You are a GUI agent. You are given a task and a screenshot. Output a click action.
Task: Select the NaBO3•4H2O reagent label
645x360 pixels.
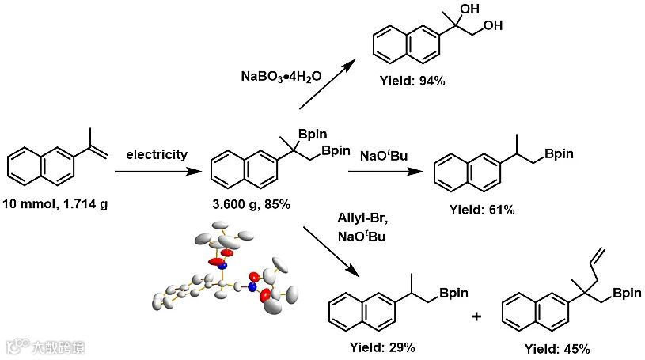(x=283, y=78)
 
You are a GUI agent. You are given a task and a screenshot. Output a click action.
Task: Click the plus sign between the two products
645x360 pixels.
(x=476, y=316)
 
